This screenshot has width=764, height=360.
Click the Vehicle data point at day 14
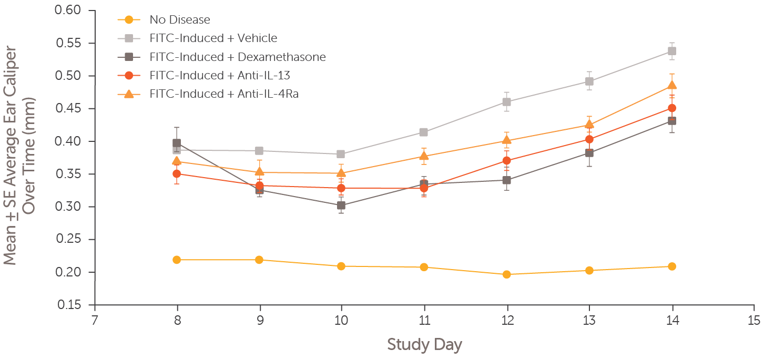coord(671,51)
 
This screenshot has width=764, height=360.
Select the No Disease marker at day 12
coord(507,274)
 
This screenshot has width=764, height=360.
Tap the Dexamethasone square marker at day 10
coord(342,205)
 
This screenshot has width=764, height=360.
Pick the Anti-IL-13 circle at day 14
coord(671,108)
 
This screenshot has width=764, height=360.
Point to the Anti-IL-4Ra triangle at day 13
coord(589,125)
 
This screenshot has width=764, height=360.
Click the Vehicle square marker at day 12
coord(507,102)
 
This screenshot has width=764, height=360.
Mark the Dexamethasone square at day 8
coord(177,143)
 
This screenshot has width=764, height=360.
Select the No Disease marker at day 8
coord(177,260)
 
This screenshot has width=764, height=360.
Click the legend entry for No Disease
coord(179,20)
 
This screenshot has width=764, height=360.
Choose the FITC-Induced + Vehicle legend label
coord(213,38)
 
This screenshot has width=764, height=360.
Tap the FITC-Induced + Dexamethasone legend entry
coord(237,57)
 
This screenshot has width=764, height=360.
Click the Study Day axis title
coord(424,345)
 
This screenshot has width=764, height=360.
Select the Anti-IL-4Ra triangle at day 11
coord(424,156)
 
